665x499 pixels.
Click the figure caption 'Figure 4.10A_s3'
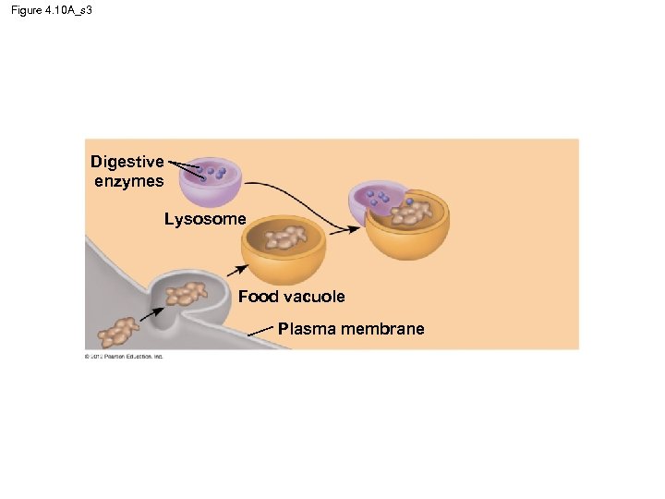[x=54, y=9]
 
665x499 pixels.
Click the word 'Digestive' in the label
[x=127, y=162]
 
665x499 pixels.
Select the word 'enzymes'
[x=128, y=181]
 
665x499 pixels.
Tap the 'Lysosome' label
[x=205, y=219]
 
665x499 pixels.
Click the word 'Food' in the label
[x=259, y=297]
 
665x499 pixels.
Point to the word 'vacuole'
[x=314, y=297]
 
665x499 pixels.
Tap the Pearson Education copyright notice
[x=123, y=356]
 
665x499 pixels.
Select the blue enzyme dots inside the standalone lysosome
[x=214, y=172]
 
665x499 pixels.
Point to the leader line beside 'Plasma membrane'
[x=262, y=333]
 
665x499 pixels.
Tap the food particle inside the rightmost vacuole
[x=412, y=214]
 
